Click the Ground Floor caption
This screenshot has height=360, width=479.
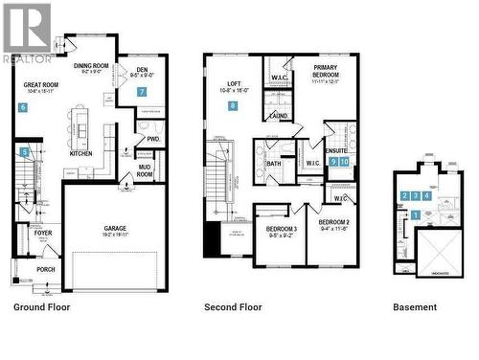[41, 307]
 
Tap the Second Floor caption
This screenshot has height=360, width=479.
[233, 307]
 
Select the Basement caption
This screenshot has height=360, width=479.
[415, 307]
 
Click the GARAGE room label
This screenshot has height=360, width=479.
[116, 228]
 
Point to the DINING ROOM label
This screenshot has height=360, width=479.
[91, 66]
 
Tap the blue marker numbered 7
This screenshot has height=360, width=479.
[141, 92]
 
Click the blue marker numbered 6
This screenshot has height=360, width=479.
[22, 107]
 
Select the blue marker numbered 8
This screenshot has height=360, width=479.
[232, 106]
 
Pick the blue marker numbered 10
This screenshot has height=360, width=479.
[344, 162]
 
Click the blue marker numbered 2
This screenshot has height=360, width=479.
[405, 195]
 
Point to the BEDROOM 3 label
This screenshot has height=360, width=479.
[281, 230]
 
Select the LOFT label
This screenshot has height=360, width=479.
[234, 83]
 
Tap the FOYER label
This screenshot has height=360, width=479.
[43, 233]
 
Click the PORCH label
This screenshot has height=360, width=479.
[46, 269]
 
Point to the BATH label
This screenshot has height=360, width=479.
[273, 163]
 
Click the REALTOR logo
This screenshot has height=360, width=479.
[27, 32]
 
